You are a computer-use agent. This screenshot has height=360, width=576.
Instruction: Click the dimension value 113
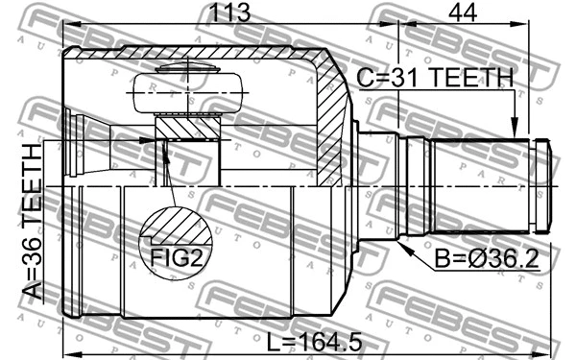[228, 13]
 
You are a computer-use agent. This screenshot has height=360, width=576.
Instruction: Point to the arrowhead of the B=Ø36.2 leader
[403, 244]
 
